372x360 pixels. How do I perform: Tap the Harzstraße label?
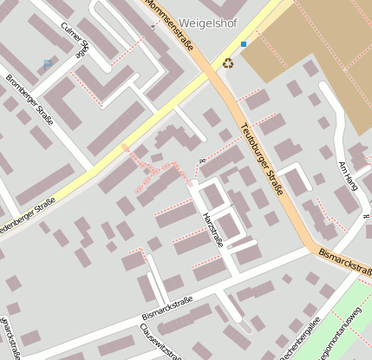pyautogui.click(x=212, y=229)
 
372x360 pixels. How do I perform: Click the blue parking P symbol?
pyautogui.click(x=46, y=63)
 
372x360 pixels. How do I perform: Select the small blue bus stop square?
pyautogui.click(x=244, y=43)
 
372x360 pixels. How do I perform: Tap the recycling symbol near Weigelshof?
pyautogui.click(x=228, y=62)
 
